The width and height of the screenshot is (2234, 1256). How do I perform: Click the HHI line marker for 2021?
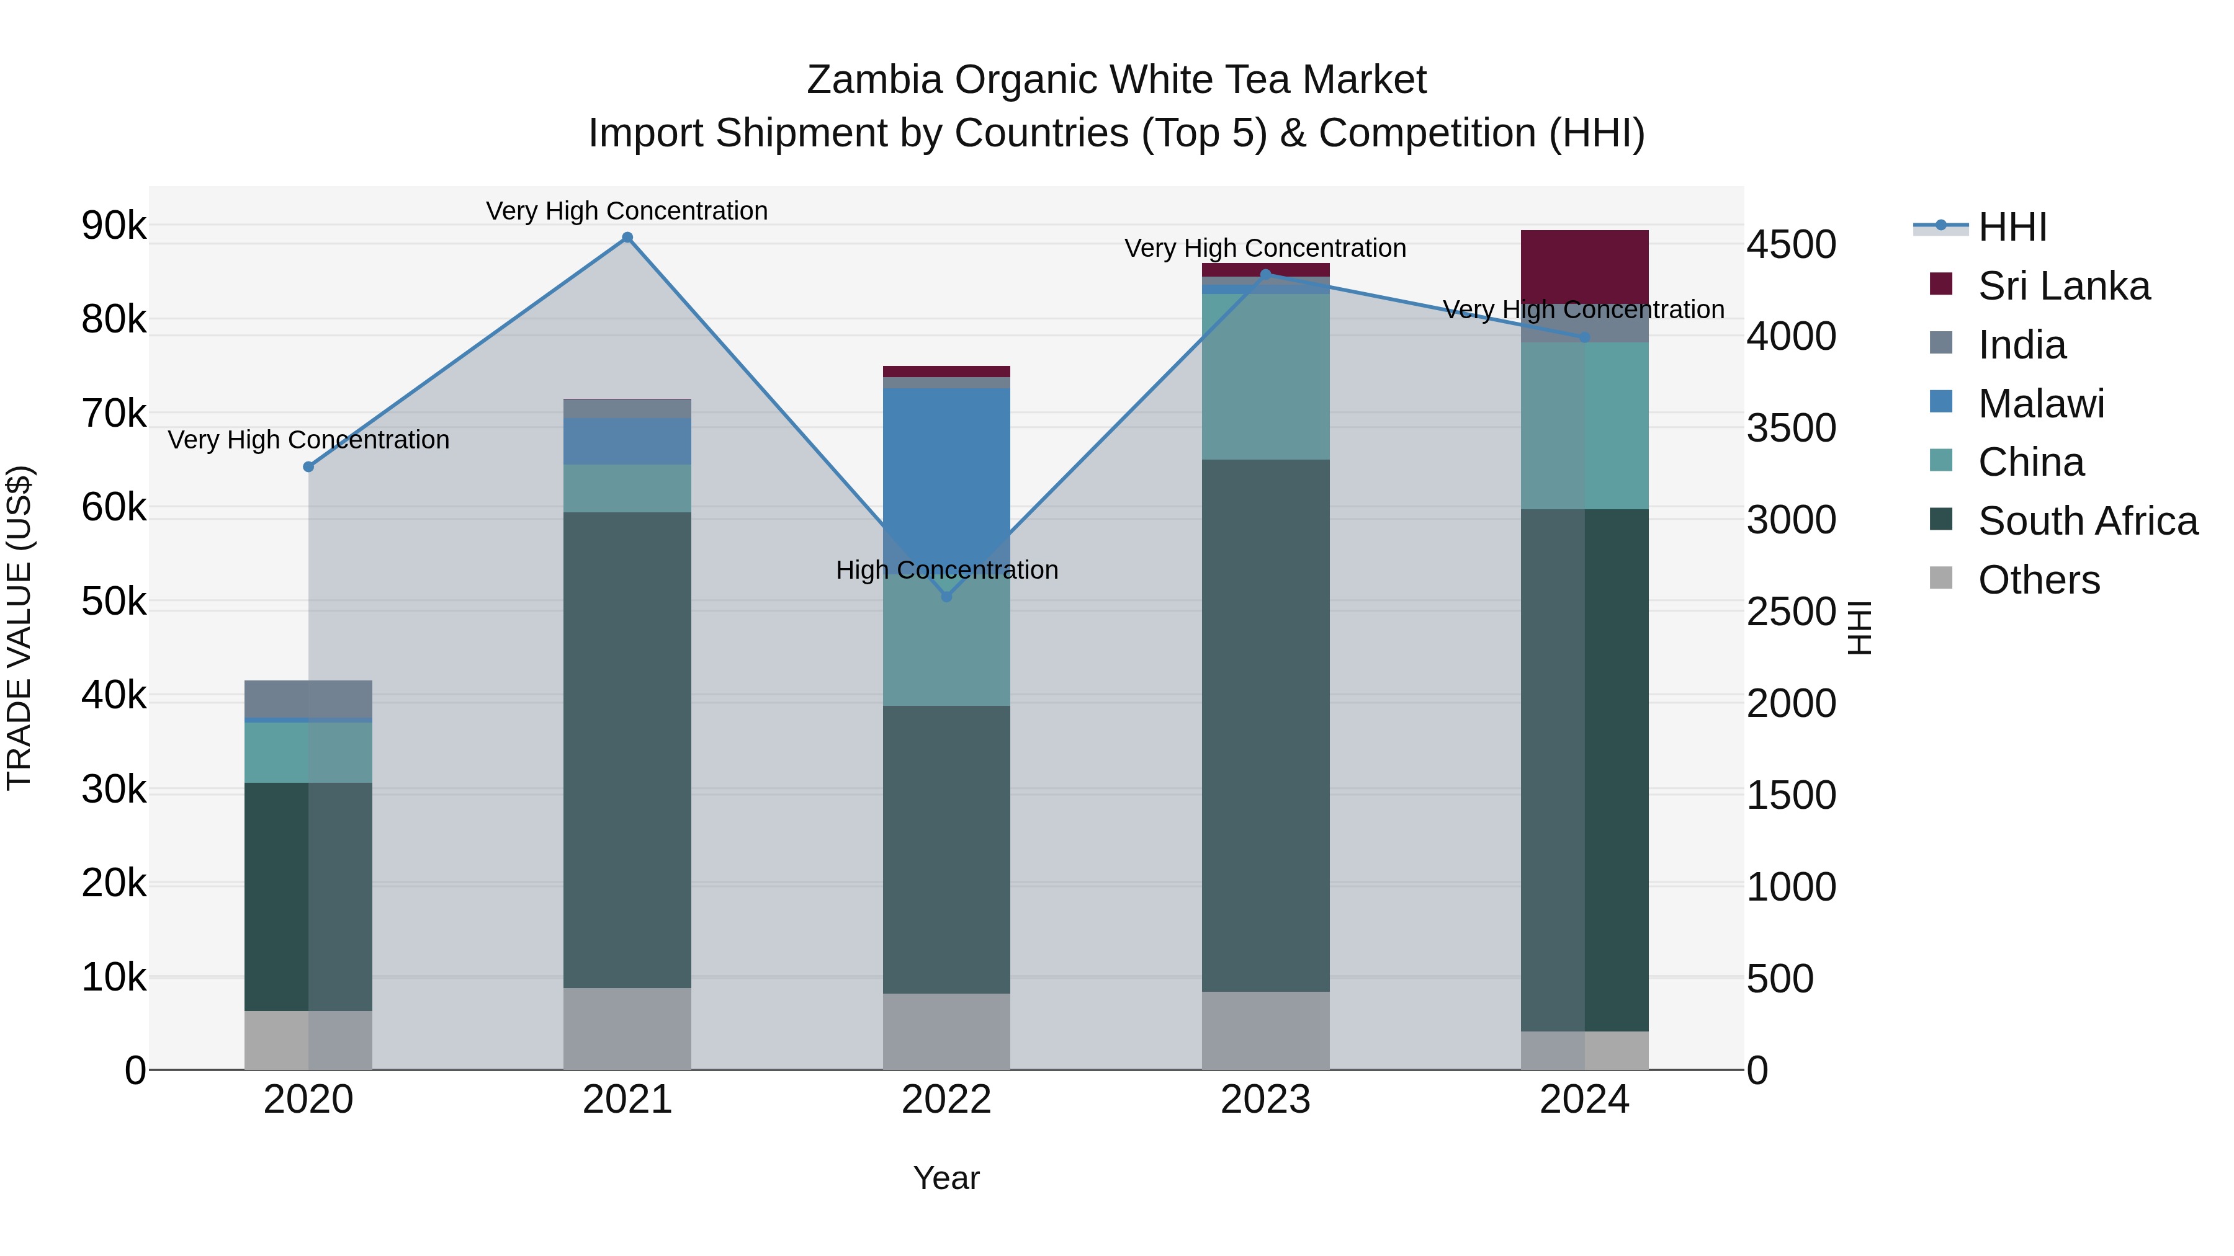tap(627, 238)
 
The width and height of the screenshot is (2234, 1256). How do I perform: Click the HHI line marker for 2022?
tap(946, 596)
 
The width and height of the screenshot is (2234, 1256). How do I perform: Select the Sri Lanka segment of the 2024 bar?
tap(1584, 266)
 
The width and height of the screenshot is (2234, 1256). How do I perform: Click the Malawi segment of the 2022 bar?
tap(946, 468)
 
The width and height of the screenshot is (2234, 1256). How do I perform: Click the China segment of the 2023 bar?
tap(1265, 376)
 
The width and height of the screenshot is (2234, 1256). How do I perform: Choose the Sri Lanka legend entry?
tap(2063, 286)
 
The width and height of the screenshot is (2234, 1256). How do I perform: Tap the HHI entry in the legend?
tap(2012, 227)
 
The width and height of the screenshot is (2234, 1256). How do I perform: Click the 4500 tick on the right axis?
tap(1792, 244)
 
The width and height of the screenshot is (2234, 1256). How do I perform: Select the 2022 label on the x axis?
tap(946, 1100)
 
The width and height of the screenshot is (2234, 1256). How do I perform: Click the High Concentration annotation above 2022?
tap(946, 571)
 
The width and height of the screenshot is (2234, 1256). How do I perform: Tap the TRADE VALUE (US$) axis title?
tap(19, 628)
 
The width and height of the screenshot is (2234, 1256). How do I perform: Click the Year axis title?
tap(946, 1178)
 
